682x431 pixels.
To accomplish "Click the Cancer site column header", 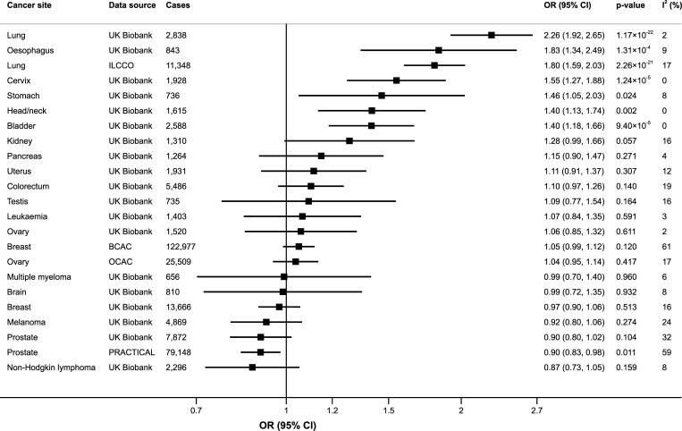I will point(28,6).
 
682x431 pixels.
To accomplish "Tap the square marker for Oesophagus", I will point(439,50).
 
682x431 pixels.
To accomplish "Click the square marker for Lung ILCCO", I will point(434,65).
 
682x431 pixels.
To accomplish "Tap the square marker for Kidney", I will point(349,140).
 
